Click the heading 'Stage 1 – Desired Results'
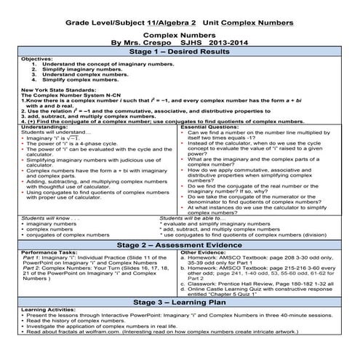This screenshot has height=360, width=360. pos(180,53)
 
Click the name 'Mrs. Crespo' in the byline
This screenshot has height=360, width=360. pos(156,43)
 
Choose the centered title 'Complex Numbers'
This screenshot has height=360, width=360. pos(180,34)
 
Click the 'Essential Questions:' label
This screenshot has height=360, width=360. pos(213,126)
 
